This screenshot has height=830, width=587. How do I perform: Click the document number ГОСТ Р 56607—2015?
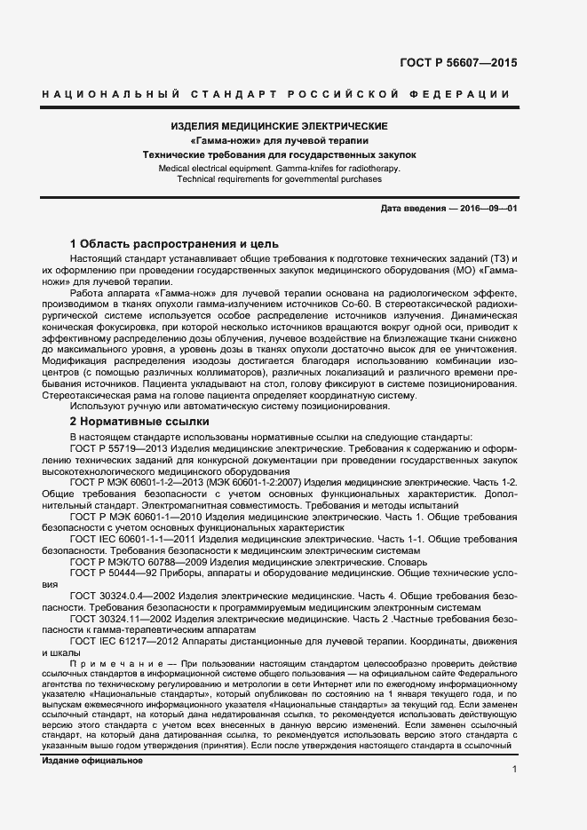460,63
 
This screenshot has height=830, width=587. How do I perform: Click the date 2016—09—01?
487,208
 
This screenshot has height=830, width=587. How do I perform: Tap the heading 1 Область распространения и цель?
174,243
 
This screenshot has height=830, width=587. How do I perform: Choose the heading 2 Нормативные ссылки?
139,422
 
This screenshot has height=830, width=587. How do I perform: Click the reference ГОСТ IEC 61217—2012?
123,640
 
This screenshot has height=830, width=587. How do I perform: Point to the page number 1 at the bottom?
514,769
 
